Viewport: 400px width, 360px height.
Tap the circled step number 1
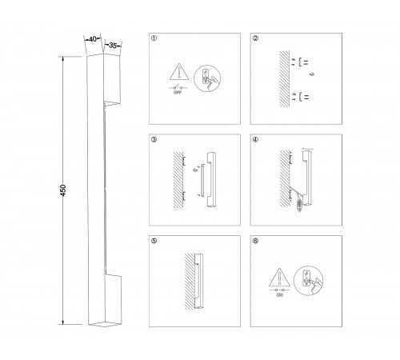[x=154, y=38]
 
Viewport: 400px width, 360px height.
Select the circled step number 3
[x=154, y=139]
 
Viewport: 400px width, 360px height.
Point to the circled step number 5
[x=154, y=239]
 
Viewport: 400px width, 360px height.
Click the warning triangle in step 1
[x=175, y=71]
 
